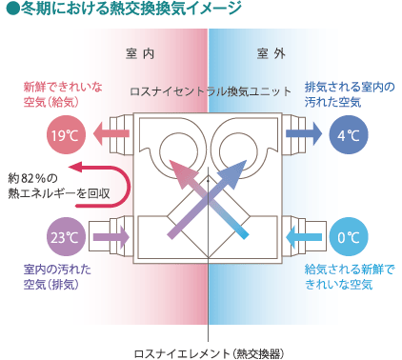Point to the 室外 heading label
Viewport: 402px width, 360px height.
(x=271, y=53)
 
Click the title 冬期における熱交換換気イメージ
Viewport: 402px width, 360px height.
(x=123, y=10)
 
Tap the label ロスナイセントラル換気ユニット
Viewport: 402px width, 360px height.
(x=211, y=92)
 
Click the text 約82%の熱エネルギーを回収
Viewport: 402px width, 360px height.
(x=48, y=185)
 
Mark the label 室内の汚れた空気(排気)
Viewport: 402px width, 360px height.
(x=57, y=277)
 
